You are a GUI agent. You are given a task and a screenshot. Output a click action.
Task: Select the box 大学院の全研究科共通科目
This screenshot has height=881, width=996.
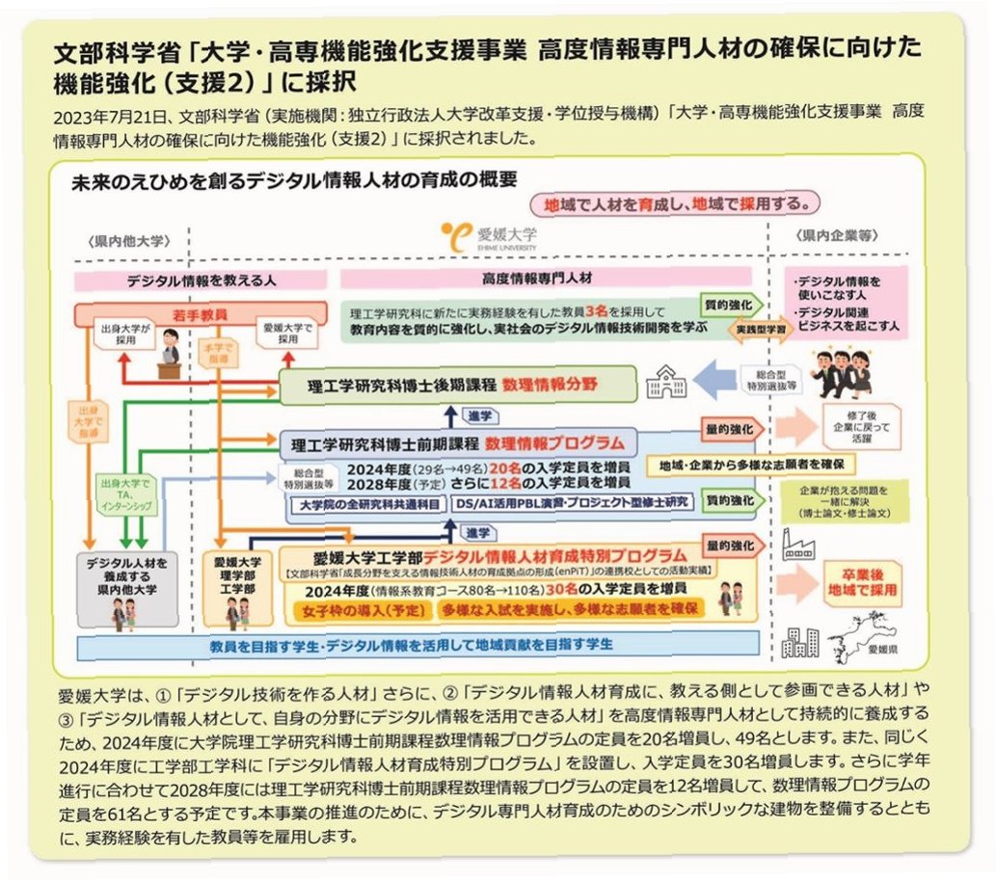click(x=369, y=503)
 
